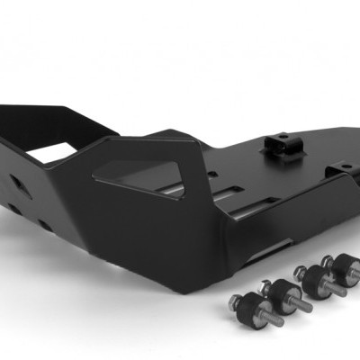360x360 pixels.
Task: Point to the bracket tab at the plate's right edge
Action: [339, 170]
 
